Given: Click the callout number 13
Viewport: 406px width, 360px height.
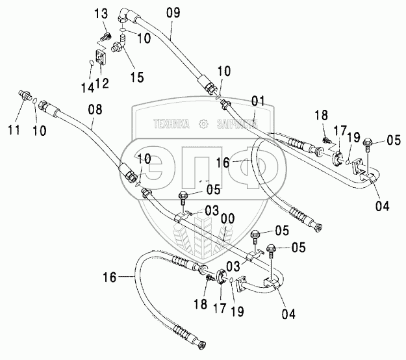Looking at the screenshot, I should point(103,15).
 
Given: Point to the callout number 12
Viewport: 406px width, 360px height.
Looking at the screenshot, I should point(103,83).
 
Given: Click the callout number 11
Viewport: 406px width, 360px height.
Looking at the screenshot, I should point(14,130).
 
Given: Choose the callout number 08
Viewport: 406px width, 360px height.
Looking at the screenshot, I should point(95,111).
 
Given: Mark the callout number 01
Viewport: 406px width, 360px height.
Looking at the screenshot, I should point(259,101).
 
